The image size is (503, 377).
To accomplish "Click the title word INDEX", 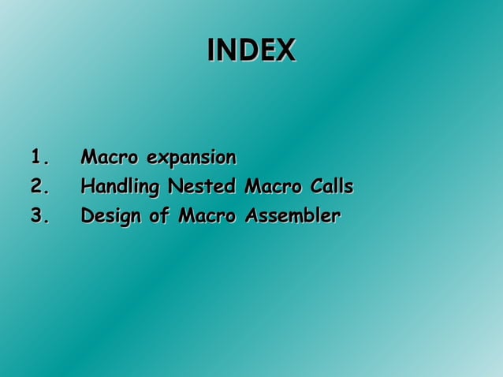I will click(251, 50).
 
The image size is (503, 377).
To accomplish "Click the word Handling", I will click(117, 188).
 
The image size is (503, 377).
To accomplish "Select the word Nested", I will click(197, 187).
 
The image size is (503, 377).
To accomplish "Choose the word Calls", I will click(330, 187).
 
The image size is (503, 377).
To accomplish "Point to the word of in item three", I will click(158, 215).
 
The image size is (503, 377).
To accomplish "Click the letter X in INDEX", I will click(286, 50).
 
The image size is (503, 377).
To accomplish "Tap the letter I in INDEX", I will click(210, 50).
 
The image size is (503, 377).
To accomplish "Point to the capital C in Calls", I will click(314, 187).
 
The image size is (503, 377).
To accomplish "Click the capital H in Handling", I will click(88, 187).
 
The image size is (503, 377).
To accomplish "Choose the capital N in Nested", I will click(167, 187).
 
